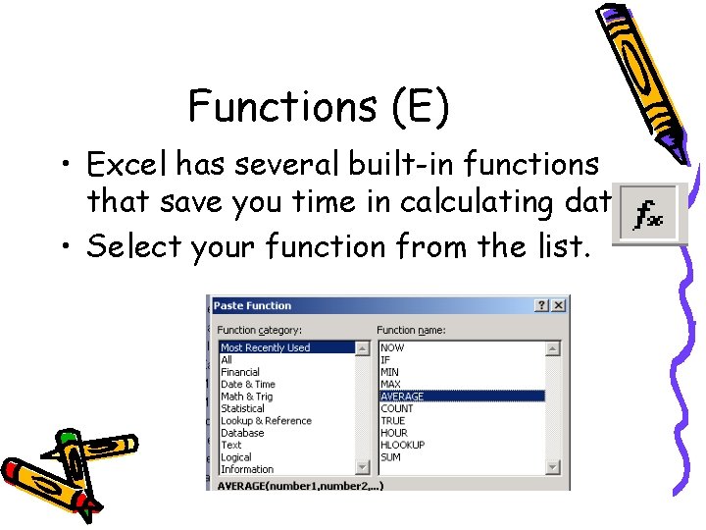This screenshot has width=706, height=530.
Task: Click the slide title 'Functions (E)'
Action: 319,106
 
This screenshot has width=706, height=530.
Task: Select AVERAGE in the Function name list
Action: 403,397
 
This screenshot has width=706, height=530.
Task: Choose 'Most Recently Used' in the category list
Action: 265,347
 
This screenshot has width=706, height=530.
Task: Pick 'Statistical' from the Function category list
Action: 242,408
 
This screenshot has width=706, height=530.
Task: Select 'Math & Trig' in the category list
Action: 247,397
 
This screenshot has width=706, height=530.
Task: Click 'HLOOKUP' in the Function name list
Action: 403,445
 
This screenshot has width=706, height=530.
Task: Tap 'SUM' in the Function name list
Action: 390,457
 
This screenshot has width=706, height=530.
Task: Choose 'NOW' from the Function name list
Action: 392,347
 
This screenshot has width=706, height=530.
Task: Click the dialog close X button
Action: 558,306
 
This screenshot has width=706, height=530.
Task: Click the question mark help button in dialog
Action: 541,306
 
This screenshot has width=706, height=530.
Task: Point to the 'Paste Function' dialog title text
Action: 252,306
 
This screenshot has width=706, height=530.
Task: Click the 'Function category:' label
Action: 259,330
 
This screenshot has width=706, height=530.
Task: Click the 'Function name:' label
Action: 413,330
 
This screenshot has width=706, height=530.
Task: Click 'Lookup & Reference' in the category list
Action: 266,421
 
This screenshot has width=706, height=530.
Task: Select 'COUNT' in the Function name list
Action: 397,408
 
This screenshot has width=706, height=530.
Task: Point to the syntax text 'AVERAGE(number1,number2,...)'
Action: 300,485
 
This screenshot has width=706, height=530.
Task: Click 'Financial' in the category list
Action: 240,372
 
